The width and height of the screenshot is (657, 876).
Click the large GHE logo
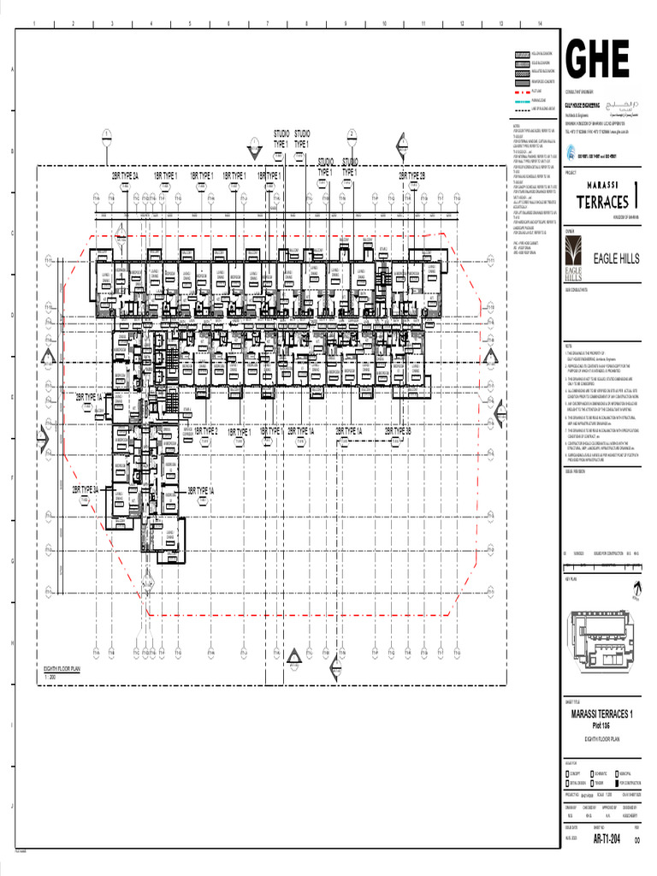coord(597,58)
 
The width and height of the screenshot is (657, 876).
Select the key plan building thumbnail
coord(600,641)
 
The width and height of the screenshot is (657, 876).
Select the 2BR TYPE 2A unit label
coord(125,175)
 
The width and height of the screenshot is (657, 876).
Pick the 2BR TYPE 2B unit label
coord(411,175)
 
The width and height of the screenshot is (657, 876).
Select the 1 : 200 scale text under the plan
coord(50,677)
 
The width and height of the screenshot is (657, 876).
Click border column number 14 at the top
coord(540,23)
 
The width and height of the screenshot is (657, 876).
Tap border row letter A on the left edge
coord(12,70)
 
